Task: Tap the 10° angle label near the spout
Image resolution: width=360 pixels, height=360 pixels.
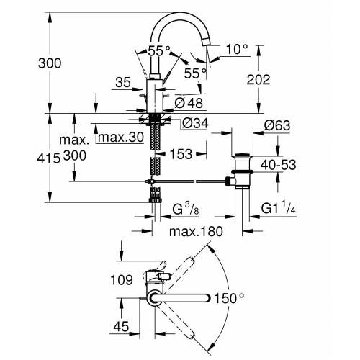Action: coord(235,49)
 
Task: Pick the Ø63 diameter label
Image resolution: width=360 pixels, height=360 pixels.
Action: coord(278,125)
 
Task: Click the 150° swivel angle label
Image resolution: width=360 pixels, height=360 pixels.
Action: coord(230,297)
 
